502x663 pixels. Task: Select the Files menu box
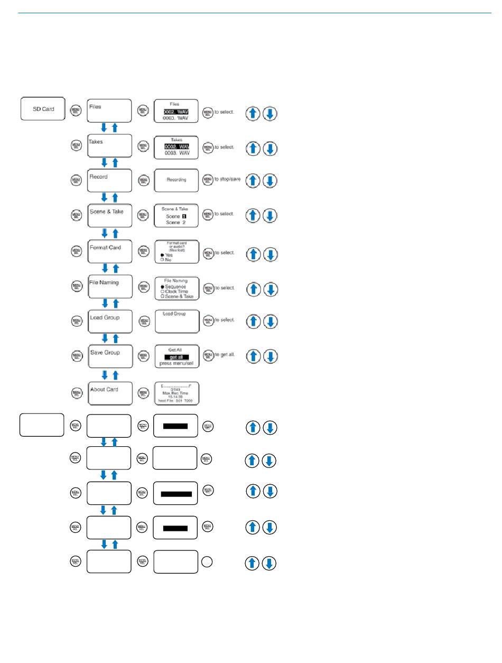109,110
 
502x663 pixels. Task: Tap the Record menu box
109,180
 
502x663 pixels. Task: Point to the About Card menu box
109,393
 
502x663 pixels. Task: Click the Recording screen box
176,180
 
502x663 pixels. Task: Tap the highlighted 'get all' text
176,357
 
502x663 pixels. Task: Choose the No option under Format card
168,260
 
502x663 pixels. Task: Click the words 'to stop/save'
227,179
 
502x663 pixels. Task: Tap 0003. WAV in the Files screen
176,118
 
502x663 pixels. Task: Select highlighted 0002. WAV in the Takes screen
176,146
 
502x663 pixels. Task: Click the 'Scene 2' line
176,223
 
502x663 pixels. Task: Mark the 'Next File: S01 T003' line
176,401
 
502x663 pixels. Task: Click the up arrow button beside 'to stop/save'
253,180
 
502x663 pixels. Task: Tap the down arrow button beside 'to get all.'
269,356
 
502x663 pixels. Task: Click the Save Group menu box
109,356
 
